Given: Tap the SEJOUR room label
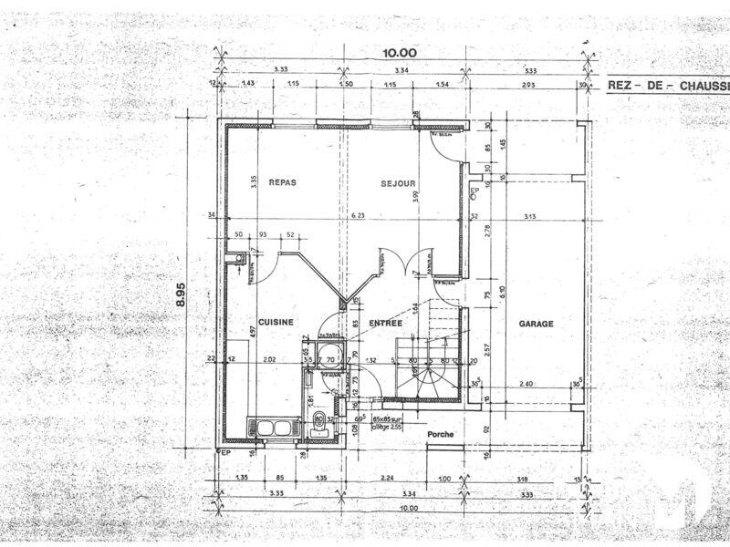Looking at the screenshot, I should pyautogui.click(x=399, y=183).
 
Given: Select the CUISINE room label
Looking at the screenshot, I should pyautogui.click(x=275, y=323).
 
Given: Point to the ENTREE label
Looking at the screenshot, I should pyautogui.click(x=386, y=323).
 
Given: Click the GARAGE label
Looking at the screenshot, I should pyautogui.click(x=537, y=324).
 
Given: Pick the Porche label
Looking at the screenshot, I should pyautogui.click(x=441, y=435).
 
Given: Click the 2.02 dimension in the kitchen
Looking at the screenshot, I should pyautogui.click(x=269, y=360).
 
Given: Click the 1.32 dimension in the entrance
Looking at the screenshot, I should pyautogui.click(x=371, y=360).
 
